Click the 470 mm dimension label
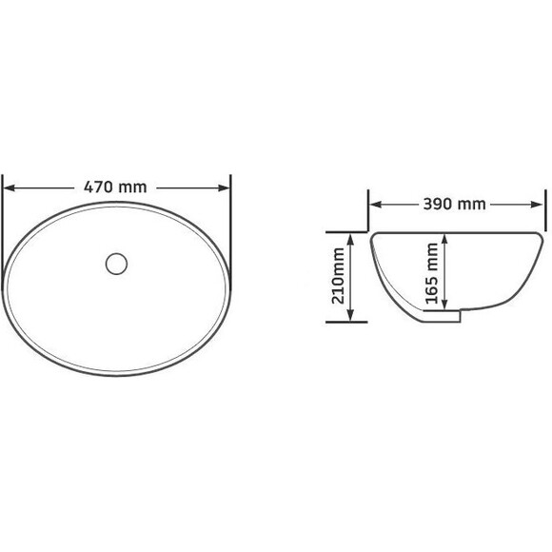pos(115,187)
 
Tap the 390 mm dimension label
pos(454,205)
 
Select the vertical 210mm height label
pos(338,276)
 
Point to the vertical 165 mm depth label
pos(431,273)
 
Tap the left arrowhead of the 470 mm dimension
pos(10,188)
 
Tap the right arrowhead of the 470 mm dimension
pos(224,188)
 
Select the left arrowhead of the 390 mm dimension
pos(376,205)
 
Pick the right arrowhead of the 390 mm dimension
pos(536,205)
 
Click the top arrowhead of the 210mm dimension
pos(350,240)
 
